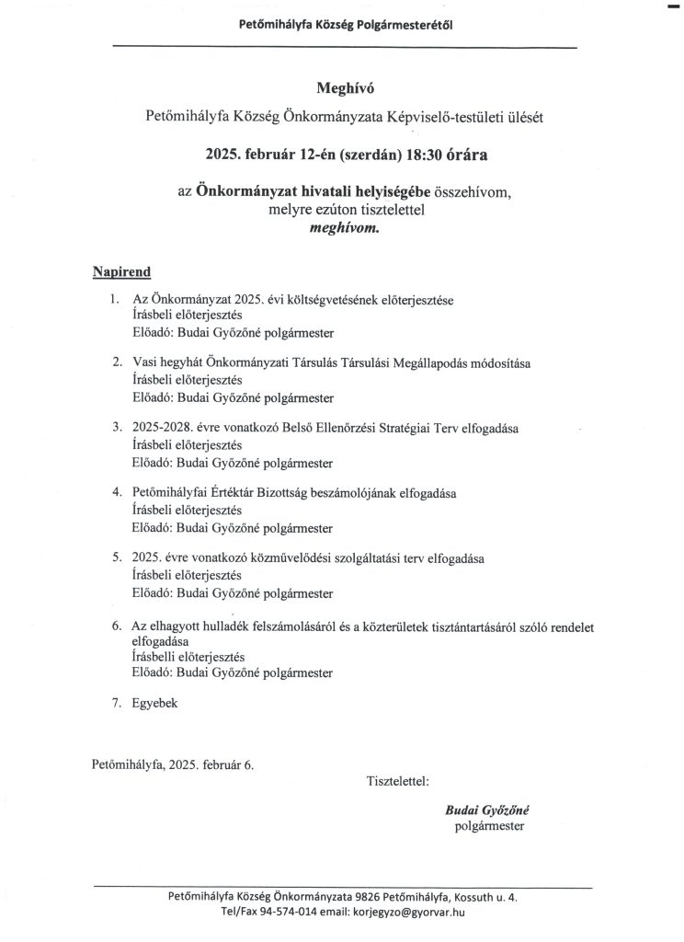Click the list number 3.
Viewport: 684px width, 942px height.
coord(117,428)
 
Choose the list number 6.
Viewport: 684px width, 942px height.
coord(117,626)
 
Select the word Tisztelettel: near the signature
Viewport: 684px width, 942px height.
coord(398,781)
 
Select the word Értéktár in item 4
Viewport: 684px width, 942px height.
coord(236,493)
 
